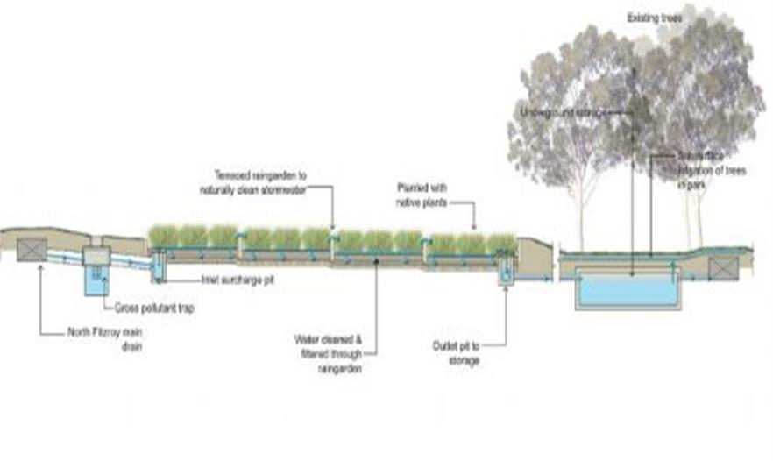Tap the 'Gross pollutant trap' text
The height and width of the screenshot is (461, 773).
coord(152,309)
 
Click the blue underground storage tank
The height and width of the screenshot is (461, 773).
coord(628,290)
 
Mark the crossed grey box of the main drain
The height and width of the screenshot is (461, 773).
coord(32,249)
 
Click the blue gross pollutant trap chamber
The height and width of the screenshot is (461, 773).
coord(96,281)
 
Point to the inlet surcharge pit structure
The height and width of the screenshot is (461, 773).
coord(159,266)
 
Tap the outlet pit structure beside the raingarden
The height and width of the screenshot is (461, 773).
coord(506,273)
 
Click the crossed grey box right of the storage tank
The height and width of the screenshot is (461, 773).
coord(724,268)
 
